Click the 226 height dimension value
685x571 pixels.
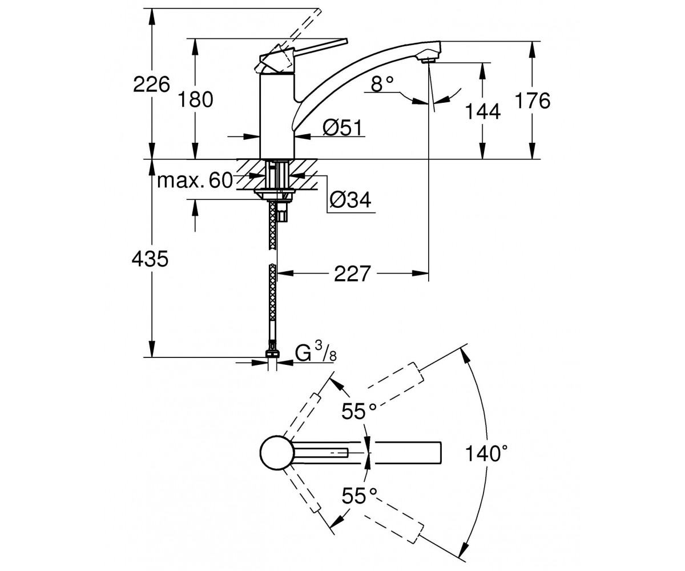152,85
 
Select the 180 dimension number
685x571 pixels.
196,99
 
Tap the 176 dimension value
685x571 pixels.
533,100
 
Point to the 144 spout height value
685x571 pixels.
483,111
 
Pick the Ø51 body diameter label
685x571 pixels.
342,127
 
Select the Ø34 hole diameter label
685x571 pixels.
350,199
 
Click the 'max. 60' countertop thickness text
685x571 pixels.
195,180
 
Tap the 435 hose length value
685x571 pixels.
150,259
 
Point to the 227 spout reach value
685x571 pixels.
352,274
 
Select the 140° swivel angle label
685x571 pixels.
486,453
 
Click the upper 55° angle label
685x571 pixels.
359,411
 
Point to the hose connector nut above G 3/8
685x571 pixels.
273,353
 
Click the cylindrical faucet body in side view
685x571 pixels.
276,116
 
